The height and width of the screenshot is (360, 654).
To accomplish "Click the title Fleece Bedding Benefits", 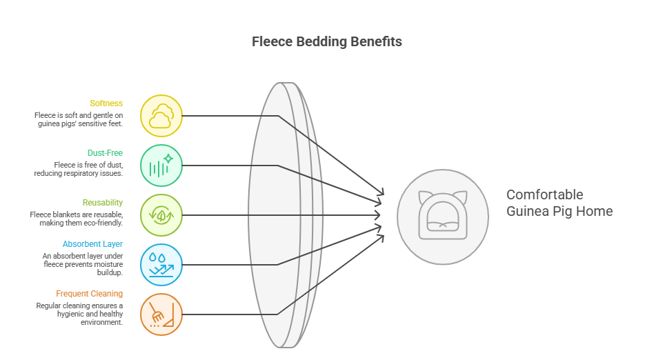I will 326,41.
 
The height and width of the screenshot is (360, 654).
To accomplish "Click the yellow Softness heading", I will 106,103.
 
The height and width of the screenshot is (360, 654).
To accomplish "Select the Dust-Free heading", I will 105,153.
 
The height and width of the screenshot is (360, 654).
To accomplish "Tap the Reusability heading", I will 103,203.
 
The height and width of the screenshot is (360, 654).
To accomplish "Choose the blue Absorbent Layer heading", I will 92,244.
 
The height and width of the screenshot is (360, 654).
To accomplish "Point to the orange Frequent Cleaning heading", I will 90,294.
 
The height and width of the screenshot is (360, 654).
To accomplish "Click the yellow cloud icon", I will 161,116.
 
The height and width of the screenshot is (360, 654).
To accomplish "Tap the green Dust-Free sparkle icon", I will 161,166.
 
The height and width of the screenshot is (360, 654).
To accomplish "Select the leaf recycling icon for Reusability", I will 161,215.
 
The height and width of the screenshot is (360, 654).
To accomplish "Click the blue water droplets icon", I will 161,265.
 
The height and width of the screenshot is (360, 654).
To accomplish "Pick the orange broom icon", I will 161,314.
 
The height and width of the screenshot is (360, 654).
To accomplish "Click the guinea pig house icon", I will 442,215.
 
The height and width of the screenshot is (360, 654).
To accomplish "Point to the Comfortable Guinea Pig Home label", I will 559,203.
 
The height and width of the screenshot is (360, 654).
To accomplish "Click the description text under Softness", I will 79,119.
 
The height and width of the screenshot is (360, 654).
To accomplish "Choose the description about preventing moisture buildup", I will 82,264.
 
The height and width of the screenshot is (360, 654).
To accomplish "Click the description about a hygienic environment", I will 79,314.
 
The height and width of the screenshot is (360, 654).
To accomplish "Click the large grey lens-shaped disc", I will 276,215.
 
